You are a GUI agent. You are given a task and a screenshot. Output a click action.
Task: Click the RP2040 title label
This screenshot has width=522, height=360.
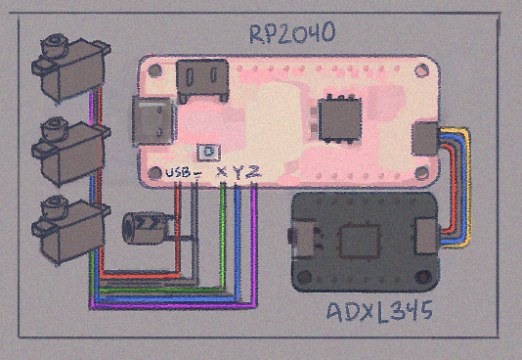[292, 33]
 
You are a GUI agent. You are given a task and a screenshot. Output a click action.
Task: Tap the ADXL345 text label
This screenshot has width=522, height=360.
[379, 312]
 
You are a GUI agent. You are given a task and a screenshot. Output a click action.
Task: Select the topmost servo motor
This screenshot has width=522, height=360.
[71, 67]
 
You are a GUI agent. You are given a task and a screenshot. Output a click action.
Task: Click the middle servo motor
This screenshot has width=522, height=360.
[71, 151]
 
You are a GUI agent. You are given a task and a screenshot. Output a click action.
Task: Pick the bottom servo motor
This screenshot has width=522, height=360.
[71, 229]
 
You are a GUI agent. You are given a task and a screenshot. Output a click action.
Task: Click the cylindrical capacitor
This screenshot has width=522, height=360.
[149, 228]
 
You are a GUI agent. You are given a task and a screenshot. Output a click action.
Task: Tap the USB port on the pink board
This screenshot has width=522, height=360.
[153, 121]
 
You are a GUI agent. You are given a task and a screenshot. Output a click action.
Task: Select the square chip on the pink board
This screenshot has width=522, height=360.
[340, 119]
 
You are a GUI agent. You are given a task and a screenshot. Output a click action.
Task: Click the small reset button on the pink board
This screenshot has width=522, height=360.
[208, 153]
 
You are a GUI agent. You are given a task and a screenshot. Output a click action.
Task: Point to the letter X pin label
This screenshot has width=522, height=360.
[222, 172]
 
